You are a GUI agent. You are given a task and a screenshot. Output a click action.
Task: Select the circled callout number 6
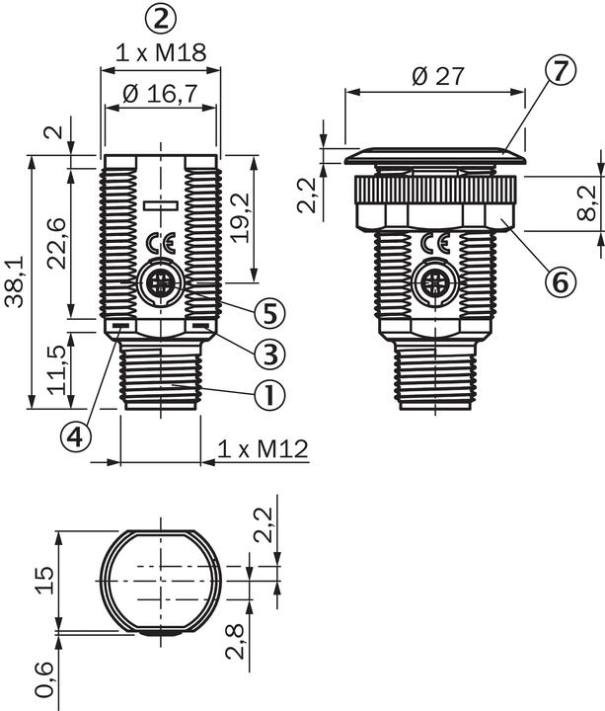tap(559, 281)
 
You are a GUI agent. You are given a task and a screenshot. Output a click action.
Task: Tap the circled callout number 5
tap(267, 313)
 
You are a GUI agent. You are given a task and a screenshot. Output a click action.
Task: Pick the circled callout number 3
tap(267, 351)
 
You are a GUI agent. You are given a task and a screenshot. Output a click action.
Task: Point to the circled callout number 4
tap(76, 434)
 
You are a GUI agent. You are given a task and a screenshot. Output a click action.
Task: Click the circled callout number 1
tap(267, 395)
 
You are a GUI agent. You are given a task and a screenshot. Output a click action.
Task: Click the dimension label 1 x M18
tap(161, 52)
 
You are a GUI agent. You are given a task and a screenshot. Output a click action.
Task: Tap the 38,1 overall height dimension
tap(14, 280)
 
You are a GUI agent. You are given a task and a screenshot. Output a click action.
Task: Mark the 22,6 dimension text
tap(56, 242)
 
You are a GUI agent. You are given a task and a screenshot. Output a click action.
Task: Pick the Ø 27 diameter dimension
tap(435, 76)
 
